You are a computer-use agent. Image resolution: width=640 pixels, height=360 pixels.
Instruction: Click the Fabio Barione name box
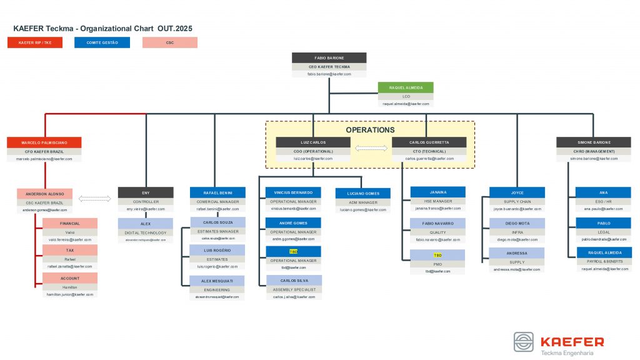[x=329, y=57]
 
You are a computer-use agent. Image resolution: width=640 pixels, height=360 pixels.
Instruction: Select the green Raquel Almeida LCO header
[x=405, y=88]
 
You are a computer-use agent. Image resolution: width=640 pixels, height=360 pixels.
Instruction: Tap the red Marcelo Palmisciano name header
[x=44, y=142]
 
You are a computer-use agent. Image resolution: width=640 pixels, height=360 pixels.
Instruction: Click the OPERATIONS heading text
[x=370, y=130]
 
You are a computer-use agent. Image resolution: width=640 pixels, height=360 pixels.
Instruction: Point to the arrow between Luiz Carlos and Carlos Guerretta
[x=371, y=148]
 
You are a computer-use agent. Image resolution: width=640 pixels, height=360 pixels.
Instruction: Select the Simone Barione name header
[x=593, y=142]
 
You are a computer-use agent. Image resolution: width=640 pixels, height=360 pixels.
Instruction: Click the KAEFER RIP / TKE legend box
[x=35, y=42]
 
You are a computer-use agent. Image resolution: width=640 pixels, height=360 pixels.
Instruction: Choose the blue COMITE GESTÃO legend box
[x=102, y=42]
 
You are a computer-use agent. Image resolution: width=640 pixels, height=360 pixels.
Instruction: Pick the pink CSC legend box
[x=169, y=42]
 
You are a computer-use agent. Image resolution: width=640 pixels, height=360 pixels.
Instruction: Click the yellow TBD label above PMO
[x=437, y=256]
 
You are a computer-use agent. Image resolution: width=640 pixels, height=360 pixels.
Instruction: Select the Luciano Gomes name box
[x=363, y=193]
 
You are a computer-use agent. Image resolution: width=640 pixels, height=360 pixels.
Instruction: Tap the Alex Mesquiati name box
[x=217, y=281]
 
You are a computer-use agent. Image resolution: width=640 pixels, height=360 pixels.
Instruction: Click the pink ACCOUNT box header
[x=70, y=278]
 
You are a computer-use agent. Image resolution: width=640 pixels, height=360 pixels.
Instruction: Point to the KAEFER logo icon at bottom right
[x=524, y=342]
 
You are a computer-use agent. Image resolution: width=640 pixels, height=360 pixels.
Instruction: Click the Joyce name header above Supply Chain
[x=516, y=192]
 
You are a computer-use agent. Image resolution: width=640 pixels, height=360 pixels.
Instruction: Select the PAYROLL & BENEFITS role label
[x=603, y=261]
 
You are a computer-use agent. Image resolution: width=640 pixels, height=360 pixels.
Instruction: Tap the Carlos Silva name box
[x=293, y=281]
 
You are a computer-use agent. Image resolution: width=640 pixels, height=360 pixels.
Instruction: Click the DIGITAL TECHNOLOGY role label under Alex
[x=145, y=232]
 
